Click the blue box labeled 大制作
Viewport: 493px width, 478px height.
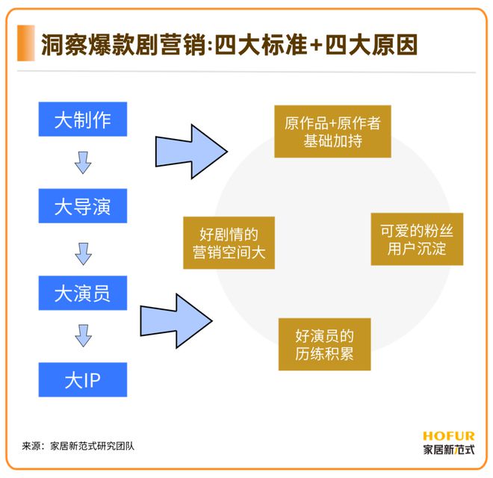pyautogui.click(x=83, y=119)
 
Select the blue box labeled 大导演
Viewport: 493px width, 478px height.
pyautogui.click(x=83, y=206)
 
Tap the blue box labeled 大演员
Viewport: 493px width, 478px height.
pyautogui.click(x=83, y=293)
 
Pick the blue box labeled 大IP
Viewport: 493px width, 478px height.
pyautogui.click(x=83, y=379)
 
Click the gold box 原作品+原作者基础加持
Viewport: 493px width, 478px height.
pyautogui.click(x=332, y=131)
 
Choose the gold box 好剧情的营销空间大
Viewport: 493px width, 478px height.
pyautogui.click(x=229, y=243)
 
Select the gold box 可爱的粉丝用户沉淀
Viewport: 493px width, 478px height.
pyautogui.click(x=417, y=239)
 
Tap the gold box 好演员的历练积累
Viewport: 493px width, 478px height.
pyautogui.click(x=324, y=344)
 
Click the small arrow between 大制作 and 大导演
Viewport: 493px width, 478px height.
pyautogui.click(x=83, y=163)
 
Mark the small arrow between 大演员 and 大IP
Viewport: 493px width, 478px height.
pyautogui.click(x=83, y=336)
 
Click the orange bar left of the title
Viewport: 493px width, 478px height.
pyautogui.click(x=27, y=43)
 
